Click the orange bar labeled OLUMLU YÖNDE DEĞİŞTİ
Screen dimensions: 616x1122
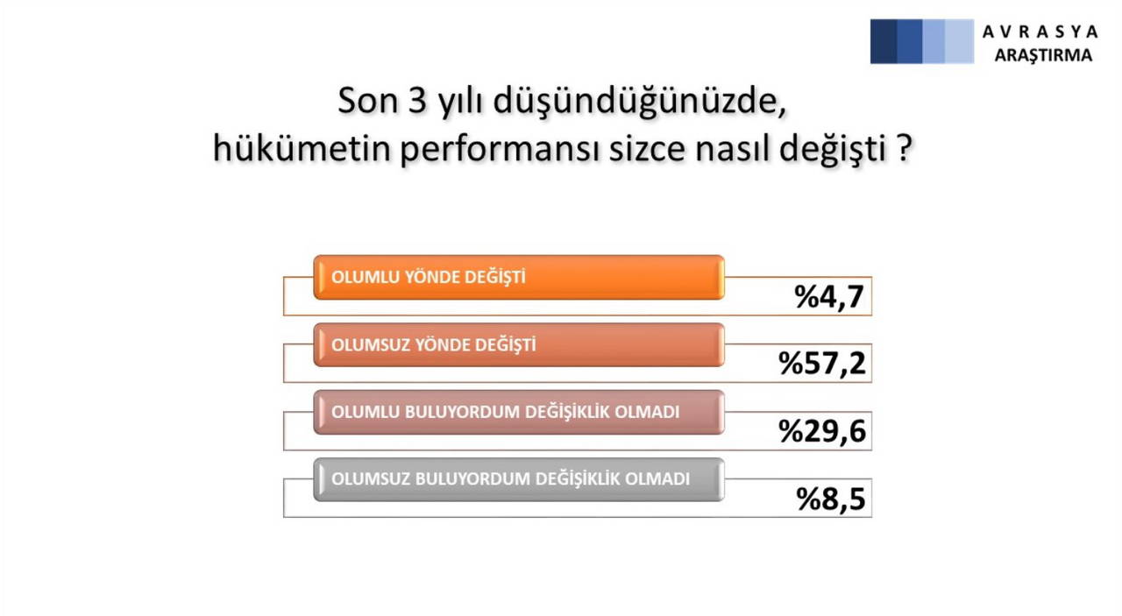[518, 277]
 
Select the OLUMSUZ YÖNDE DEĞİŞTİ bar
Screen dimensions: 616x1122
[518, 344]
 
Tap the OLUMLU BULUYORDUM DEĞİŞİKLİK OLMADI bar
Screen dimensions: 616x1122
[518, 412]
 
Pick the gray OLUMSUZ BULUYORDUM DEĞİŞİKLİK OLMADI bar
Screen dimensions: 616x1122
[518, 479]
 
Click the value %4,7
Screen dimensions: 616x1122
[829, 297]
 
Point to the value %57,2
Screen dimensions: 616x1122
[822, 364]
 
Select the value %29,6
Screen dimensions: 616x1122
[822, 431]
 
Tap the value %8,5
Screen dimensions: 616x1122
[830, 498]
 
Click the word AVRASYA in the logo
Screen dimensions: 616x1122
[1040, 32]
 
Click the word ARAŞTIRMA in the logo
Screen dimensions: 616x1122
[1043, 54]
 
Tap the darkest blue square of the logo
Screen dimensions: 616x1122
[884, 41]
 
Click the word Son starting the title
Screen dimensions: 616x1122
[363, 102]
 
